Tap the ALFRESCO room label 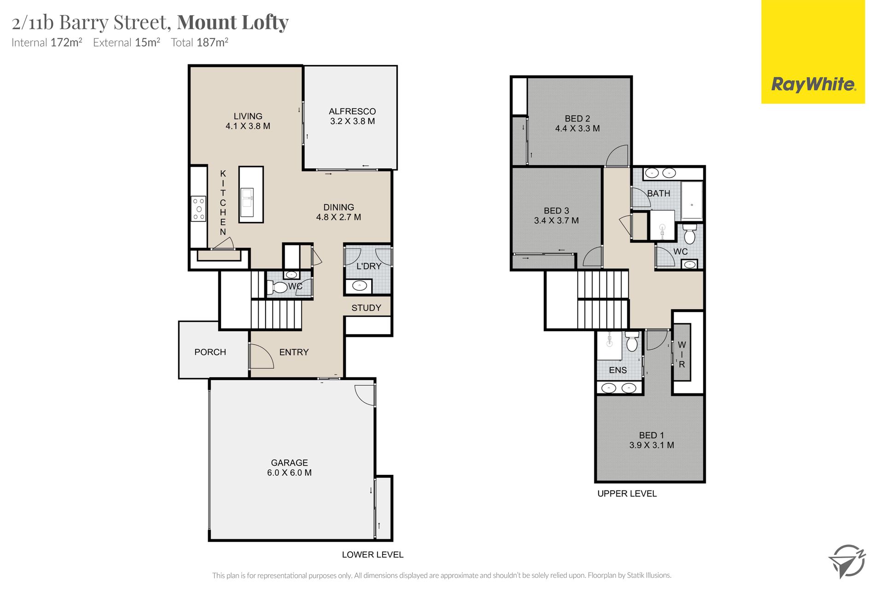(x=352, y=111)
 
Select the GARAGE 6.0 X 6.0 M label (x=289, y=468)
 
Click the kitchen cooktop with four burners (x=199, y=208)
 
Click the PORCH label (x=210, y=352)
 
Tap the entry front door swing (x=261, y=356)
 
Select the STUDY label (x=366, y=308)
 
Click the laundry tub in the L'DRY (x=359, y=286)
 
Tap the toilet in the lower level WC (x=277, y=288)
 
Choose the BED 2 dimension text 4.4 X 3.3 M (x=577, y=128)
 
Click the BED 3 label (x=556, y=211)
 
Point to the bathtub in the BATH (x=692, y=201)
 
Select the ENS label (x=618, y=370)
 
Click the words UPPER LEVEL (x=627, y=494)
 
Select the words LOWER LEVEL (x=372, y=555)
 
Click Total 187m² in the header (x=200, y=42)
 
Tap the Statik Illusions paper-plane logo (x=847, y=561)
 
